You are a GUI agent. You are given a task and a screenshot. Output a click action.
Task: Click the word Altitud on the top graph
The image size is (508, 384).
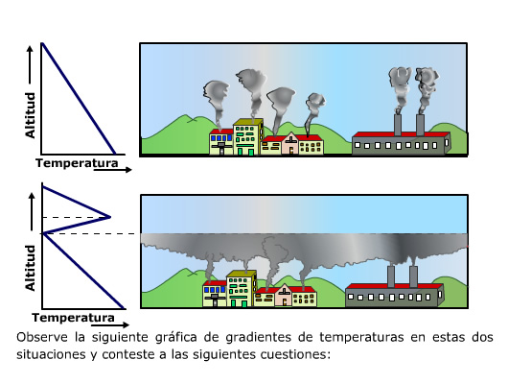(30, 115)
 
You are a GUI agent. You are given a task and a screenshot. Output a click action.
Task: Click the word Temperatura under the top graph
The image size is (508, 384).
(77, 163)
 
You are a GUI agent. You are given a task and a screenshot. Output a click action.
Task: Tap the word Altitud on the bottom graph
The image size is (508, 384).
(30, 268)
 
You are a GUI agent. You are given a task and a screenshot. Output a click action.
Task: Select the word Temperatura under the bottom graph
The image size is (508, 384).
(73, 318)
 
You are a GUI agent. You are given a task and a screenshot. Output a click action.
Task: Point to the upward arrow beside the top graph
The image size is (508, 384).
(30, 65)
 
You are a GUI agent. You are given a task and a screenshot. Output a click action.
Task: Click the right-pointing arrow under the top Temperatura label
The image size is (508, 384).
(113, 170)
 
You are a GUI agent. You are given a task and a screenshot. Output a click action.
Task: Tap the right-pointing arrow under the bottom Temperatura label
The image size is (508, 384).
(110, 324)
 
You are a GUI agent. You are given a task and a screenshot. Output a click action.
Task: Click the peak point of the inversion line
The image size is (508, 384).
(110, 217)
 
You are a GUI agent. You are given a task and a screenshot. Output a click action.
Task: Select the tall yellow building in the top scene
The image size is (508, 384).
(248, 136)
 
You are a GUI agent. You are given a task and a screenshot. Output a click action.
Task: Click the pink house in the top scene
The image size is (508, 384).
(290, 143)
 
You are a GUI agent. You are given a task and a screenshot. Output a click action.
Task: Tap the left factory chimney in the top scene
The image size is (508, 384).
(398, 125)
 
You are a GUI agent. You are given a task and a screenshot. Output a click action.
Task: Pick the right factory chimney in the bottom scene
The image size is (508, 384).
(413, 276)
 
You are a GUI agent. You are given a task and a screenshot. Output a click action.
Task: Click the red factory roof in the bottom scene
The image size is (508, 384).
(394, 286)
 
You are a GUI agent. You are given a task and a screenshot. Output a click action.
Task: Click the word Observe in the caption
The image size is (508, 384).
(42, 337)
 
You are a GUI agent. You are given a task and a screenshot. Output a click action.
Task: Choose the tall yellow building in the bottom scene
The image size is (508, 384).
(242, 289)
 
